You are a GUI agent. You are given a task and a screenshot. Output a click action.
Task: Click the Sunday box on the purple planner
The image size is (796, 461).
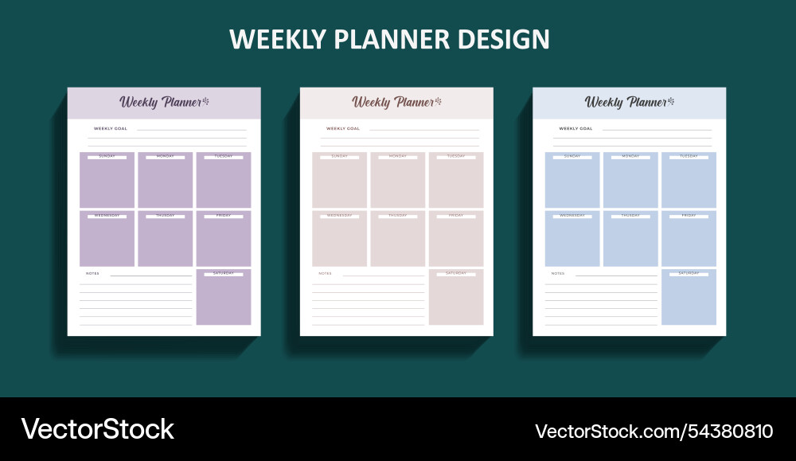click(107, 181)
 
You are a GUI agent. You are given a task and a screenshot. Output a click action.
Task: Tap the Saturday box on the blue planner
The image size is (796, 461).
click(689, 298)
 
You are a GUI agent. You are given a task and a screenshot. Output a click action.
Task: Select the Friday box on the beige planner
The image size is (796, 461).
click(456, 239)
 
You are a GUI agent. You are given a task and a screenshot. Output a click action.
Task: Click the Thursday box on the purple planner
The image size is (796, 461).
click(165, 239)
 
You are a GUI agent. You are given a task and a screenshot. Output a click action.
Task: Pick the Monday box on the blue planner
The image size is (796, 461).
click(630, 181)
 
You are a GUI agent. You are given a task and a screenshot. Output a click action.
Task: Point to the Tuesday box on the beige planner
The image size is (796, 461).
click(456, 181)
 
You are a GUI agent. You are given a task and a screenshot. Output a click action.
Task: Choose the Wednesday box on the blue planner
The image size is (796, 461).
click(572, 239)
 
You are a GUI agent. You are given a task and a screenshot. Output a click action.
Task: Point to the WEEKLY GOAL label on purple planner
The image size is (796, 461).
click(111, 128)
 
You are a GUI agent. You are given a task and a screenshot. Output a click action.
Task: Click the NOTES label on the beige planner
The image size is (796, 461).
click(325, 273)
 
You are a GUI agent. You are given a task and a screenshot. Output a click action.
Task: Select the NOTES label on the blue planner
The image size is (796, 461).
click(557, 273)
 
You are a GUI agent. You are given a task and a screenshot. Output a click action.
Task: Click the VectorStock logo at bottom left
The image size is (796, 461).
click(97, 429)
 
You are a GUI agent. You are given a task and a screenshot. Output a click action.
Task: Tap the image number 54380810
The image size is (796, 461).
click(724, 432)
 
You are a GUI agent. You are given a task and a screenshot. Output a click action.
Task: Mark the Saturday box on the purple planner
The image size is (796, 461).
click(224, 298)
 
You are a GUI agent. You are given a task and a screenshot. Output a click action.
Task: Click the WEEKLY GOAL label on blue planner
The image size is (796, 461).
click(576, 128)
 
